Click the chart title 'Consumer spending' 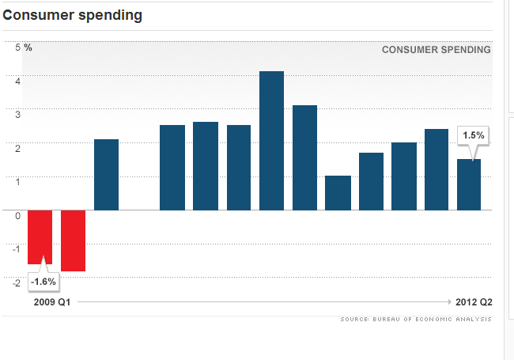coord(74,16)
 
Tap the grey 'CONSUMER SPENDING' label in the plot coord(436,49)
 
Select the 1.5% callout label coord(473,135)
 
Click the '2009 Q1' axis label coord(52,302)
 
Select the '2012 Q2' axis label coord(474,302)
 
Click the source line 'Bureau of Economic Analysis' coord(416,319)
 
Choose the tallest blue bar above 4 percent coord(271,141)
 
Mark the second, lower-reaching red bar coord(73,241)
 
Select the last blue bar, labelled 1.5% coord(469,185)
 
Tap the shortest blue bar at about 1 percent coord(338,193)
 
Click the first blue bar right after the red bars coord(106,175)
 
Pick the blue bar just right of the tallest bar coord(304,157)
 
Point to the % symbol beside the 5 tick coord(28,47)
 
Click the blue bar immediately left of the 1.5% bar coord(436,169)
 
